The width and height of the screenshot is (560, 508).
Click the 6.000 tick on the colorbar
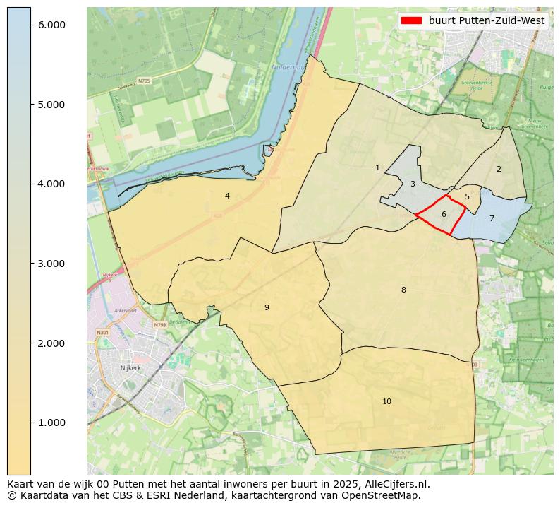pos(51,25)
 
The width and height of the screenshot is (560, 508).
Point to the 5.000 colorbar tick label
pos(51,105)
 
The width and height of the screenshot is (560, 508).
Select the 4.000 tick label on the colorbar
pos(51,184)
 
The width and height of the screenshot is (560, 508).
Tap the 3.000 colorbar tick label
pos(51,264)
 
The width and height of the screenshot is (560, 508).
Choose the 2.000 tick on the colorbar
pos(51,343)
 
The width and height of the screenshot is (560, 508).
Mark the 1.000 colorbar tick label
pos(51,423)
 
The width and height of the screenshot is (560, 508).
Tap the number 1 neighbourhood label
pos(377,167)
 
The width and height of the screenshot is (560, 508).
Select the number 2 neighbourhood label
pos(499,169)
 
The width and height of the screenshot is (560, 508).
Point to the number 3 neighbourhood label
pos(413,184)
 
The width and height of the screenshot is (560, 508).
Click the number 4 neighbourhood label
pos(227,196)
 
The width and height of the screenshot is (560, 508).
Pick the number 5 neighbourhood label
pos(467,196)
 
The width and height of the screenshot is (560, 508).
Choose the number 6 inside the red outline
pos(444,214)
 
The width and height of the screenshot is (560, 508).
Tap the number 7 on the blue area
pos(492,218)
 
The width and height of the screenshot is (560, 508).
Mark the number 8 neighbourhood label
pos(403,290)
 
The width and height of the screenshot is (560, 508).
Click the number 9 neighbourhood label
pos(267,307)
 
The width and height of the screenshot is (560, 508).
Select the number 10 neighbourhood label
pos(386,401)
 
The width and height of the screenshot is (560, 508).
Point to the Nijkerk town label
pos(131,368)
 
